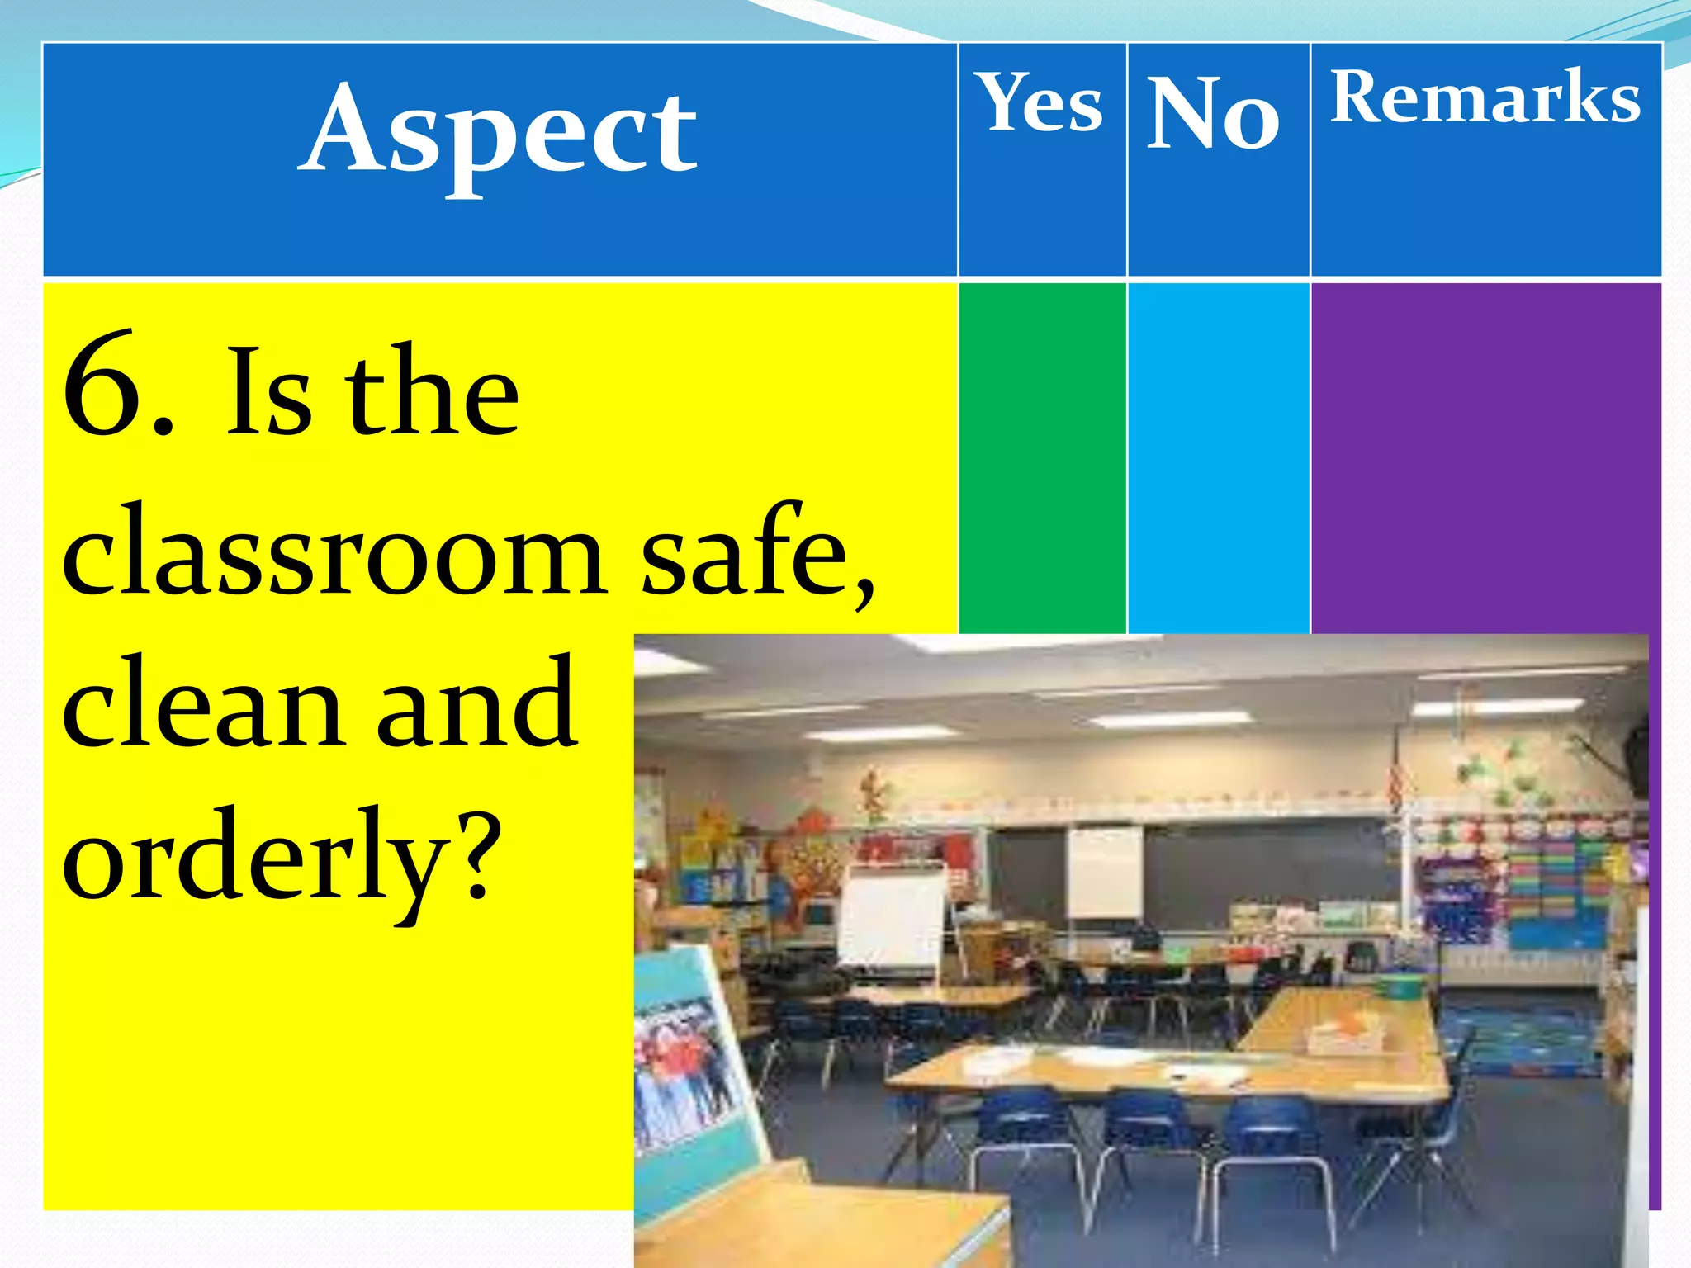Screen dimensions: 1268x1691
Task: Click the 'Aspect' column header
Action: coord(499,132)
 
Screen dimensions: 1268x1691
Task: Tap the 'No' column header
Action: coord(1214,112)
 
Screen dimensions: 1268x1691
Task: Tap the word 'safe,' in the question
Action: coord(756,549)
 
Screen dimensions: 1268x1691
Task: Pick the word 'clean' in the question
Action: coord(202,702)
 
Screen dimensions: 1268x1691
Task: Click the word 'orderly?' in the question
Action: coord(281,854)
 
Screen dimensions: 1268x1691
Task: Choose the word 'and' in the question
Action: coord(476,702)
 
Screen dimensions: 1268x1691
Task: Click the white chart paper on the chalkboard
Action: coord(1105,871)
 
